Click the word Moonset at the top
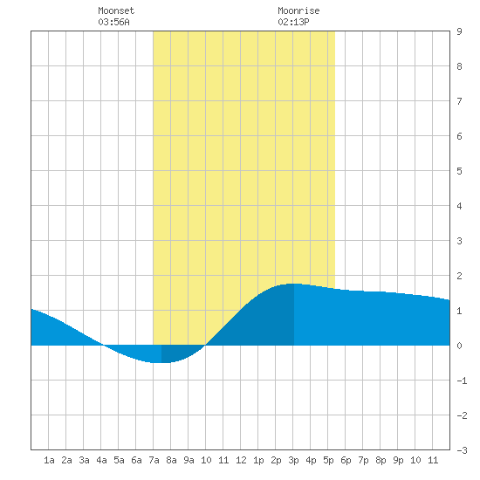click(x=116, y=10)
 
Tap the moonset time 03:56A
click(x=113, y=22)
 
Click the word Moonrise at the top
click(x=298, y=10)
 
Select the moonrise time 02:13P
click(x=293, y=22)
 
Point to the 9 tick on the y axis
click(x=459, y=31)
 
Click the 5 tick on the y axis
click(x=459, y=171)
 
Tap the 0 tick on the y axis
click(x=459, y=346)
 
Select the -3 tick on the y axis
click(x=462, y=450)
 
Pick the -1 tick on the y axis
click(x=462, y=381)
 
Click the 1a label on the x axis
click(x=49, y=460)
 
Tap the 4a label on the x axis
click(x=101, y=460)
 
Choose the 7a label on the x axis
click(x=154, y=460)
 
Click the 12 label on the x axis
click(x=241, y=460)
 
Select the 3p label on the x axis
click(x=293, y=460)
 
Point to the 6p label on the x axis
click(x=346, y=460)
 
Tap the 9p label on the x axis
click(x=398, y=460)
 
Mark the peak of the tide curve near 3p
click(x=294, y=284)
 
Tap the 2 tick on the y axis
click(x=459, y=276)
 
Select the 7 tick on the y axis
click(x=459, y=101)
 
